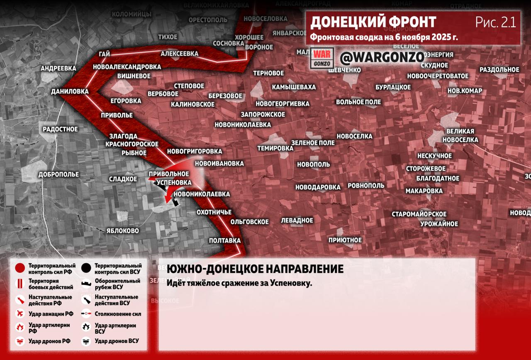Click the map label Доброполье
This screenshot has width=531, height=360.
pyautogui.click(x=58, y=174)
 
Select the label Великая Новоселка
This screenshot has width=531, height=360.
pyautogui.click(x=460, y=136)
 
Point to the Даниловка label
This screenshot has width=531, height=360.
pyautogui.click(x=70, y=91)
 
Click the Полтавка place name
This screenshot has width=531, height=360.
pyautogui.click(x=225, y=240)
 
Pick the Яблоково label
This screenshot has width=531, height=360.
pyautogui.click(x=122, y=230)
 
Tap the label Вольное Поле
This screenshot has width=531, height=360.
pyautogui.click(x=358, y=102)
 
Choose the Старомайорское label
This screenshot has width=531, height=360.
pyautogui.click(x=419, y=214)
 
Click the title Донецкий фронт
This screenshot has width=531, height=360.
pyautogui.click(x=373, y=22)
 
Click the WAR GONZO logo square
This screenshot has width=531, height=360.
pyautogui.click(x=323, y=58)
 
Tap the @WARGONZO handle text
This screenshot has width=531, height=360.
pyautogui.click(x=382, y=57)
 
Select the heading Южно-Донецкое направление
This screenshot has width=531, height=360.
pyautogui.click(x=255, y=269)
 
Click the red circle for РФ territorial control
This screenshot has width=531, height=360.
pyautogui.click(x=20, y=268)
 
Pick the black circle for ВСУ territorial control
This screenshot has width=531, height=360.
pyautogui.click(x=87, y=268)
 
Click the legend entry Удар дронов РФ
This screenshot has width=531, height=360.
pyautogui.click(x=49, y=341)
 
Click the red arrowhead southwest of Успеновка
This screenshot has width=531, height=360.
pyautogui.click(x=167, y=201)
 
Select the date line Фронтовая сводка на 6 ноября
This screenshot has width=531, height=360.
pyautogui.click(x=384, y=37)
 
